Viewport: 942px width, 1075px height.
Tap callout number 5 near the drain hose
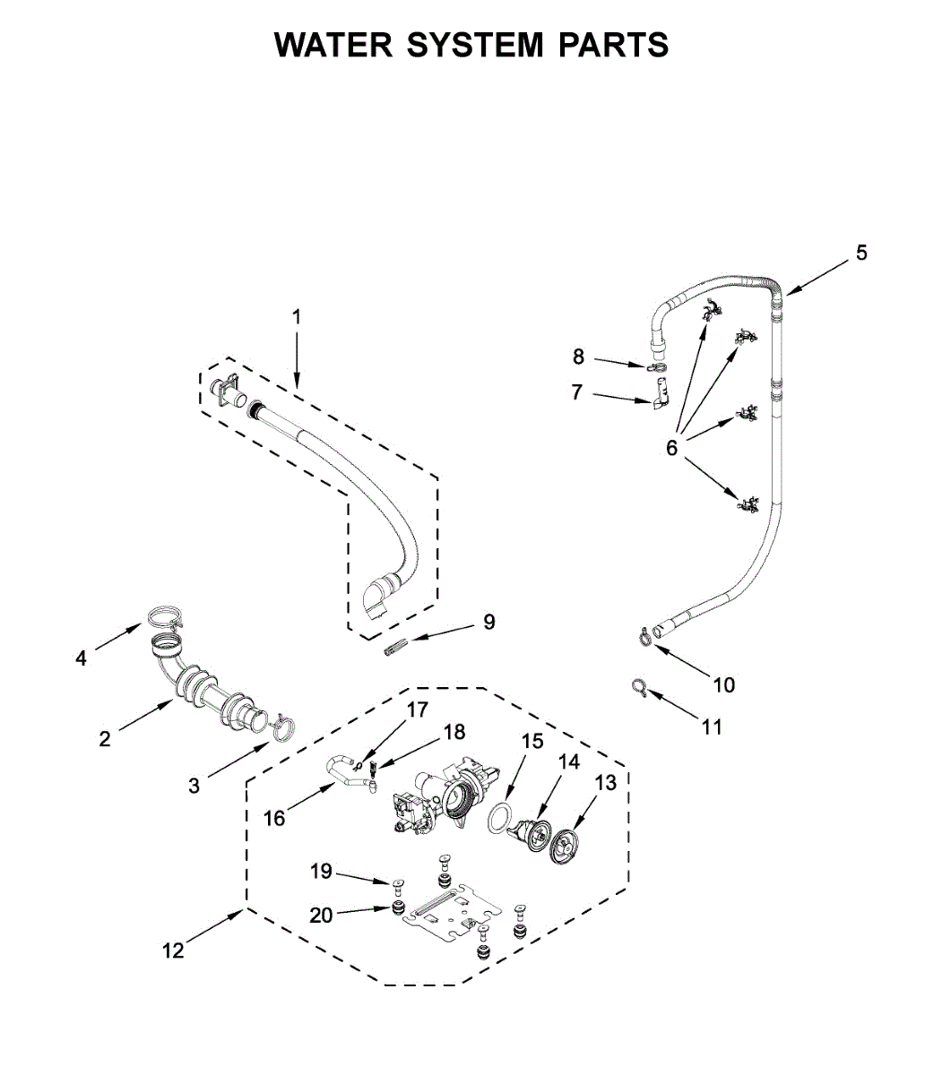860,253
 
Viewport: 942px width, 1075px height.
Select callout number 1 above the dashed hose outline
298,317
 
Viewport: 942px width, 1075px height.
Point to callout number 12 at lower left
173,950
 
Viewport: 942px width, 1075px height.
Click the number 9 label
489,622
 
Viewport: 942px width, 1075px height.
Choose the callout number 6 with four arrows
672,447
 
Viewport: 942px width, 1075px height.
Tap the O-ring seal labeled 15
501,818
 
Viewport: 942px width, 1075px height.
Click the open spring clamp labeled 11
639,686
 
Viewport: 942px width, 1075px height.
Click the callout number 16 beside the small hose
274,817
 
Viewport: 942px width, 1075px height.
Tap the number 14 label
569,761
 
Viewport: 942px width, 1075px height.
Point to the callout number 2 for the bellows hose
105,738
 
